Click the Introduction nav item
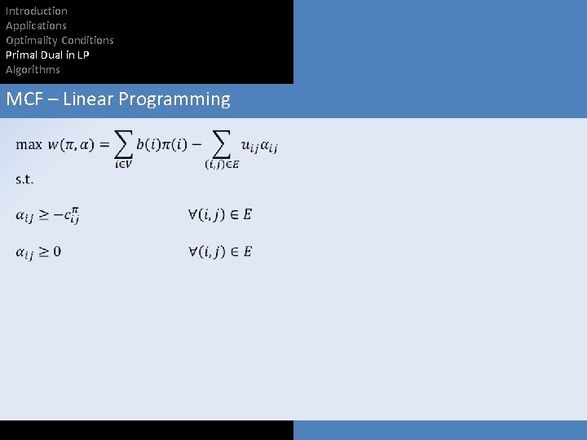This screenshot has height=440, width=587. click(x=37, y=11)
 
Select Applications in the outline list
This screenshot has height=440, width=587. click(x=36, y=25)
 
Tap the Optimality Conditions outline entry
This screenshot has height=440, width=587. click(x=60, y=40)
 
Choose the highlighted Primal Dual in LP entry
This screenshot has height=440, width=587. click(x=47, y=55)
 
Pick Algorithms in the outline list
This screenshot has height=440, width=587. click(x=33, y=69)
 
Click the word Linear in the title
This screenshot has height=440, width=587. click(x=88, y=99)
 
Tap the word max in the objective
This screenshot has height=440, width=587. click(x=29, y=145)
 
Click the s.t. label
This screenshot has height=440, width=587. click(x=24, y=179)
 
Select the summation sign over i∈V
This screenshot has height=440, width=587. click(x=123, y=144)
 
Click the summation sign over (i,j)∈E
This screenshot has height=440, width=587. click(x=221, y=144)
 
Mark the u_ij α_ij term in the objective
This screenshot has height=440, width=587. click(x=259, y=146)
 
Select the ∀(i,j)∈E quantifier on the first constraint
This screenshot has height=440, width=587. click(x=219, y=214)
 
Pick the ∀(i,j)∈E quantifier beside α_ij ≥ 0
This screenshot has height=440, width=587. click(x=219, y=251)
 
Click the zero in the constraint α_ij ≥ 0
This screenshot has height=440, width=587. click(x=57, y=251)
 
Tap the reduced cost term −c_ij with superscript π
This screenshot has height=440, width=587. click(x=68, y=216)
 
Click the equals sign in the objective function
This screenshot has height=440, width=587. click(x=104, y=145)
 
